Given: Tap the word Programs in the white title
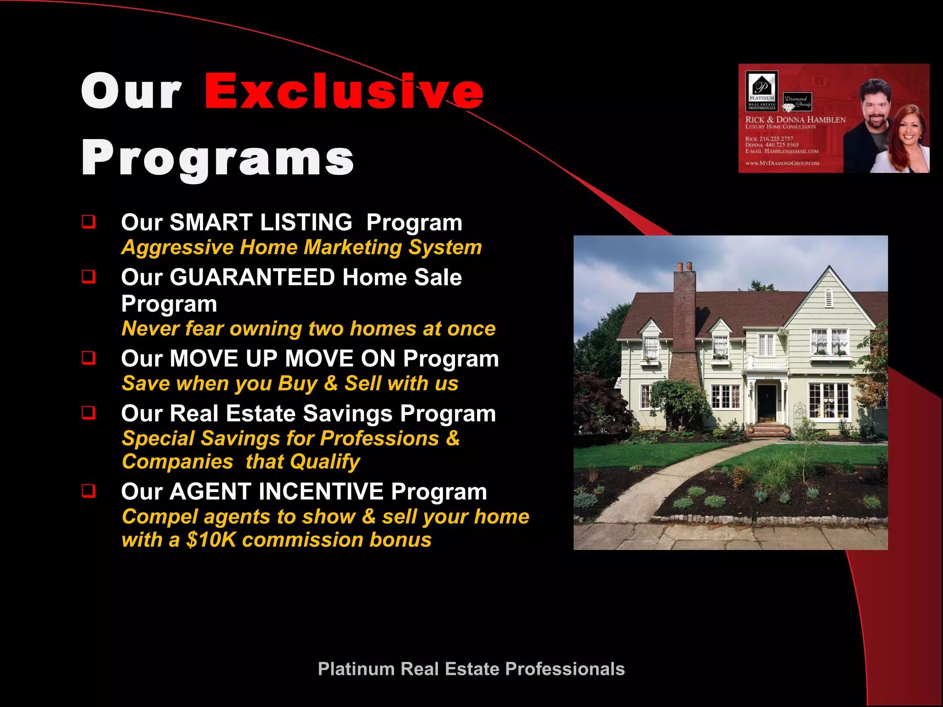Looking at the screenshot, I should (217, 158).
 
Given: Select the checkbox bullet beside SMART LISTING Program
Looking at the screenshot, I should (88, 222).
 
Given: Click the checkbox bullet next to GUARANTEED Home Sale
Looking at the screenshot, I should (88, 277).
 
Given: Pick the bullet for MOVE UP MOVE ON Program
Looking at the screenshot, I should (88, 358).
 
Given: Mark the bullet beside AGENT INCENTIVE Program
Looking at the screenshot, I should (88, 491).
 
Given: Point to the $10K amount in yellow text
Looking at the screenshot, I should (211, 540).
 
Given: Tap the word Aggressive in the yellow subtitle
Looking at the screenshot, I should (178, 248).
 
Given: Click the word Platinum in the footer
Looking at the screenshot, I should (356, 669).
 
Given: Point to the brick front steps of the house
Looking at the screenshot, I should (768, 430).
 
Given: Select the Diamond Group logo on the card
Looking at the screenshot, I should (797, 102).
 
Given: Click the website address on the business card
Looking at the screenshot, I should (782, 163).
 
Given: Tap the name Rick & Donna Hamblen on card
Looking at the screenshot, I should (795, 120).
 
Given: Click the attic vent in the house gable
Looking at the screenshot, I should (829, 298).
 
